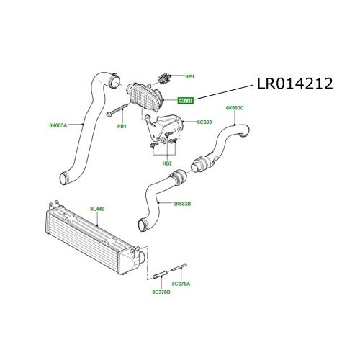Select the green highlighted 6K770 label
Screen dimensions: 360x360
click(x=186, y=101)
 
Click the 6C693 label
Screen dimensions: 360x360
click(x=205, y=123)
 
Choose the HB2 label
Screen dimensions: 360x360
click(x=167, y=163)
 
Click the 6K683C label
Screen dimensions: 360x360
click(x=236, y=108)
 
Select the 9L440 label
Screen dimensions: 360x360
click(x=97, y=210)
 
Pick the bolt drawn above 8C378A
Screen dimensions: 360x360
click(x=180, y=270)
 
